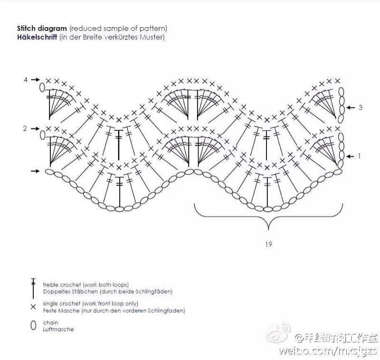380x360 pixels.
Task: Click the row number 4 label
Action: click(x=26, y=79)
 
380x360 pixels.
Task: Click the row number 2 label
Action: click(x=25, y=128)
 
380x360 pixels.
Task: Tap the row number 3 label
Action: click(x=361, y=107)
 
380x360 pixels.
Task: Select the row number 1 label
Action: click(x=360, y=156)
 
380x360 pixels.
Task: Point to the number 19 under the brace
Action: click(x=268, y=244)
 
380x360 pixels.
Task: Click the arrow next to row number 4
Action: click(x=35, y=79)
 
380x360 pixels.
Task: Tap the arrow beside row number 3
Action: click(x=351, y=107)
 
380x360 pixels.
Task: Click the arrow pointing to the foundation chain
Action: click(x=35, y=171)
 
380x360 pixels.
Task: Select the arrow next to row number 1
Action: click(x=350, y=156)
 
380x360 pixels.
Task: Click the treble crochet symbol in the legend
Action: click(x=33, y=288)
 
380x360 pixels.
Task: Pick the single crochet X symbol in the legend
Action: click(x=33, y=307)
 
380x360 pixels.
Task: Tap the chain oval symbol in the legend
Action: click(x=33, y=325)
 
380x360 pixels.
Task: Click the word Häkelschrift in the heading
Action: click(x=37, y=37)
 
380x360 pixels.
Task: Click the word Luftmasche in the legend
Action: click(x=58, y=329)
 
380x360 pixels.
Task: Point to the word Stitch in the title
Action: click(x=26, y=29)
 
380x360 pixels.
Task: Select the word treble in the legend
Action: click(x=51, y=284)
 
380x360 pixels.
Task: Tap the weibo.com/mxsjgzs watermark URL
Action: click(x=328, y=350)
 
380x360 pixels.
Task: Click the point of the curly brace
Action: click(x=268, y=229)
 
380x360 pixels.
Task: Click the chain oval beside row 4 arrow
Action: click(x=42, y=88)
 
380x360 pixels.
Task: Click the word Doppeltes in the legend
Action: click(x=54, y=292)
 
